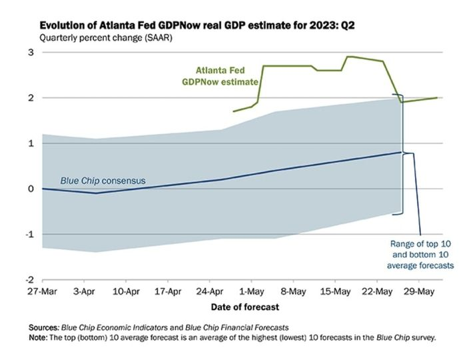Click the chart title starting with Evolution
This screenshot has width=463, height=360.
tap(197, 25)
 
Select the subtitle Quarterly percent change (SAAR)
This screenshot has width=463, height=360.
tap(106, 38)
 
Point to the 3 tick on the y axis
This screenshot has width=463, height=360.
tap(31, 52)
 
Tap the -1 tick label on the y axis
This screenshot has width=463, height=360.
tap(29, 235)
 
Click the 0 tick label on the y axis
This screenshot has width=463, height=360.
tap(31, 189)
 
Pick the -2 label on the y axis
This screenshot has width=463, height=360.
tap(29, 280)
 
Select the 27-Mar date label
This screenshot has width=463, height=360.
tap(42, 292)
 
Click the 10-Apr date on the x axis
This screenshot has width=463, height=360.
tap(126, 292)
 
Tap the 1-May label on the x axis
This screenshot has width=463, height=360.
tap(252, 292)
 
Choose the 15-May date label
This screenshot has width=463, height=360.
tap(336, 292)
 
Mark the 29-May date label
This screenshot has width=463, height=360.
tap(419, 292)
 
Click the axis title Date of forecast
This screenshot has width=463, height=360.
tap(245, 307)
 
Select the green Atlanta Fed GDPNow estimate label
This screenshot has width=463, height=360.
tap(221, 76)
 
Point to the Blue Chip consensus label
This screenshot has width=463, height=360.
tap(103, 181)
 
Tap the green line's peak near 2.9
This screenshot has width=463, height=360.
tap(349, 57)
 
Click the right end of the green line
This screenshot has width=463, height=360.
tap(437, 98)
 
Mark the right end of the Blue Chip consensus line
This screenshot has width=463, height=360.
tap(401, 152)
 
